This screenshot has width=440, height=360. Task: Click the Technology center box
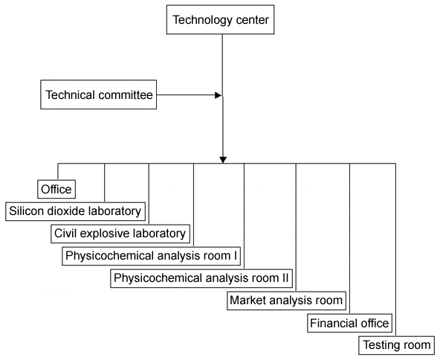tap(220, 19)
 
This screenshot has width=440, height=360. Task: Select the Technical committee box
tap(99, 94)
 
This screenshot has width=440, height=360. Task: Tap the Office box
tap(56, 189)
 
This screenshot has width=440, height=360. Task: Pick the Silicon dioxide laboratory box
tap(76, 211)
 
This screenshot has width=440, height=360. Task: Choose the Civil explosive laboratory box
tap(120, 234)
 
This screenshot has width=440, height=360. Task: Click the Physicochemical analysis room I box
tap(152, 256)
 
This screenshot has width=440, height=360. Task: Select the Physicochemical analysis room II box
tap(201, 278)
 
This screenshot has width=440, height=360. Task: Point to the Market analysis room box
tap(286, 300)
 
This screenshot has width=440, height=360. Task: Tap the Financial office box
tap(349, 324)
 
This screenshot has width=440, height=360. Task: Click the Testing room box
tap(396, 345)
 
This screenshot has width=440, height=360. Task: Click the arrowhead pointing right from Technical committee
tap(219, 95)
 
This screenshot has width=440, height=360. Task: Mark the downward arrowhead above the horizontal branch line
tap(223, 160)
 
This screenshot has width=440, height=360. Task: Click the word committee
tap(124, 95)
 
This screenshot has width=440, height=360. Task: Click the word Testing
tap(378, 345)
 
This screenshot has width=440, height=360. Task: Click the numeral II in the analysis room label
tap(285, 278)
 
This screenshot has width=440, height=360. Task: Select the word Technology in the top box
tap(203, 20)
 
